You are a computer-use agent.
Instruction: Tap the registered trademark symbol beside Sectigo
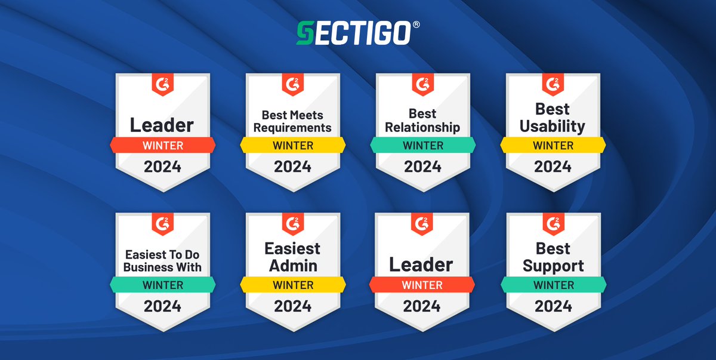[416, 25]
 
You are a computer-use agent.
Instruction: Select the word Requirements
[292, 127]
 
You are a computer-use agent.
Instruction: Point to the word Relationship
[422, 127]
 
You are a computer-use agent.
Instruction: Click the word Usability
[552, 126]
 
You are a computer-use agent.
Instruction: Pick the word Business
[147, 267]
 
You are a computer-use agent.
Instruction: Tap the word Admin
[293, 266]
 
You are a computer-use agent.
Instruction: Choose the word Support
[553, 266]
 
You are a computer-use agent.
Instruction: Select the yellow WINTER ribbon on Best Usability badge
[553, 145]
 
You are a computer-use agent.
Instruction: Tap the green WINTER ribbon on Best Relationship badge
[422, 145]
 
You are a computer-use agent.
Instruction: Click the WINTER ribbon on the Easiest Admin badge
[293, 285]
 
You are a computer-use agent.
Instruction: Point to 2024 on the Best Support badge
[553, 306]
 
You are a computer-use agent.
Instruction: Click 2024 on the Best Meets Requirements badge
[292, 166]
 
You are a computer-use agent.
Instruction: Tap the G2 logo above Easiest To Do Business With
[163, 223]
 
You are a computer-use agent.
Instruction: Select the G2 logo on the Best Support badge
[553, 223]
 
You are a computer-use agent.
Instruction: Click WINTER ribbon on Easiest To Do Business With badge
[163, 285]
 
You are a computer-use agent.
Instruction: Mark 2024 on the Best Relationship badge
[422, 166]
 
